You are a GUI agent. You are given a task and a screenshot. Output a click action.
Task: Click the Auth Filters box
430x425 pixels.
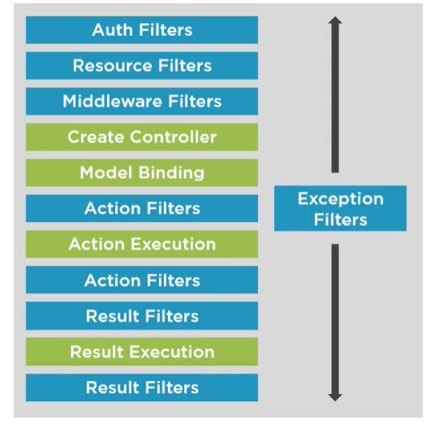tap(142, 30)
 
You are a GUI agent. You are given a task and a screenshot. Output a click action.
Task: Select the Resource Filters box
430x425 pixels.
tap(142, 66)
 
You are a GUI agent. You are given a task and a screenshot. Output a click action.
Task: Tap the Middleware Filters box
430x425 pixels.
tap(142, 102)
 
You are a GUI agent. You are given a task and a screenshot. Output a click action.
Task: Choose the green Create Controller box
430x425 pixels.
tap(142, 137)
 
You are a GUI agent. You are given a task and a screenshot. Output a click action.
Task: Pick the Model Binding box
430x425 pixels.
tap(142, 173)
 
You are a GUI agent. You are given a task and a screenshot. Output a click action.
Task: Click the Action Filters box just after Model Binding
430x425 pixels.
tap(142, 208)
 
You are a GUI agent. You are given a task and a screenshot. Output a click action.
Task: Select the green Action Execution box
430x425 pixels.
tap(142, 244)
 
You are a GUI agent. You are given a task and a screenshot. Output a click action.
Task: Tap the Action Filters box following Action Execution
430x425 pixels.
tap(142, 280)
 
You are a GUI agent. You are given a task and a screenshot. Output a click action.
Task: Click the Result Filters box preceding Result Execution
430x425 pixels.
tap(142, 316)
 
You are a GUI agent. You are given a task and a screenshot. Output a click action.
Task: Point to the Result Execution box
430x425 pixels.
tap(142, 352)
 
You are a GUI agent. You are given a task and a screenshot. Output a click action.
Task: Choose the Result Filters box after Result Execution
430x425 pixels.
tap(142, 388)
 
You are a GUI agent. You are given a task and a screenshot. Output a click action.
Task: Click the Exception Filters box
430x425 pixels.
tap(340, 209)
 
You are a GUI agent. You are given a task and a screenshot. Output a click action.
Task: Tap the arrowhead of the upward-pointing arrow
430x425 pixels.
tap(335, 22)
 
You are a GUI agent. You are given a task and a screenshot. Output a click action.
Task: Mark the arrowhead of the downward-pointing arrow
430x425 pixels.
tap(335, 395)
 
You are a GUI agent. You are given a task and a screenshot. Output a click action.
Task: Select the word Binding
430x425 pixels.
tap(171, 173)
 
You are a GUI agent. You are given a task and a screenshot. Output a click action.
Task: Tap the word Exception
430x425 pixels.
tap(340, 199)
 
